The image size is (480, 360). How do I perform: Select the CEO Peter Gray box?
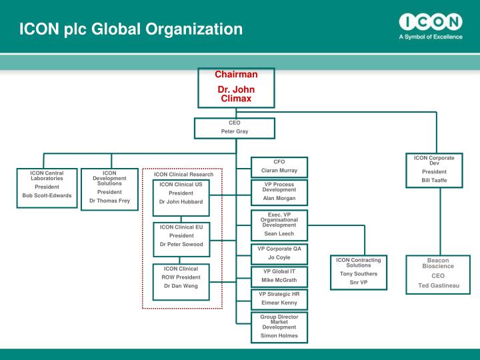point(234,128)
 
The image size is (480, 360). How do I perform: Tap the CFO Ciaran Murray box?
point(279,167)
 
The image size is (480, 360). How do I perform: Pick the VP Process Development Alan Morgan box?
point(279,191)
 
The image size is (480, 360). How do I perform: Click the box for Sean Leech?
point(279,225)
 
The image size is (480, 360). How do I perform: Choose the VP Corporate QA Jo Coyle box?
point(279,253)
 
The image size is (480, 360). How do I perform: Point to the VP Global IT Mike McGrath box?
point(279,276)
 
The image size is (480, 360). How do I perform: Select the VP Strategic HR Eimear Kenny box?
point(279,299)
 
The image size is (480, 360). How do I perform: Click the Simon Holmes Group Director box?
point(279,326)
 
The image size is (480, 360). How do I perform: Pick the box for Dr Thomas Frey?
point(109,188)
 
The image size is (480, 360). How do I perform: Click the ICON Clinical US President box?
point(181,193)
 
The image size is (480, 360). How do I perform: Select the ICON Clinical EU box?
point(181,236)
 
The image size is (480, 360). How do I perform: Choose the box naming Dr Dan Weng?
point(181,278)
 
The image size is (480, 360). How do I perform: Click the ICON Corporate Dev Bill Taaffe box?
point(434,171)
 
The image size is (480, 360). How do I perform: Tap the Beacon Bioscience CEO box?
point(438,274)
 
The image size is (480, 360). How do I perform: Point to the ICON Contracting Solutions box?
point(359,271)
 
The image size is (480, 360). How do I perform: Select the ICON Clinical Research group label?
point(184,175)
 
